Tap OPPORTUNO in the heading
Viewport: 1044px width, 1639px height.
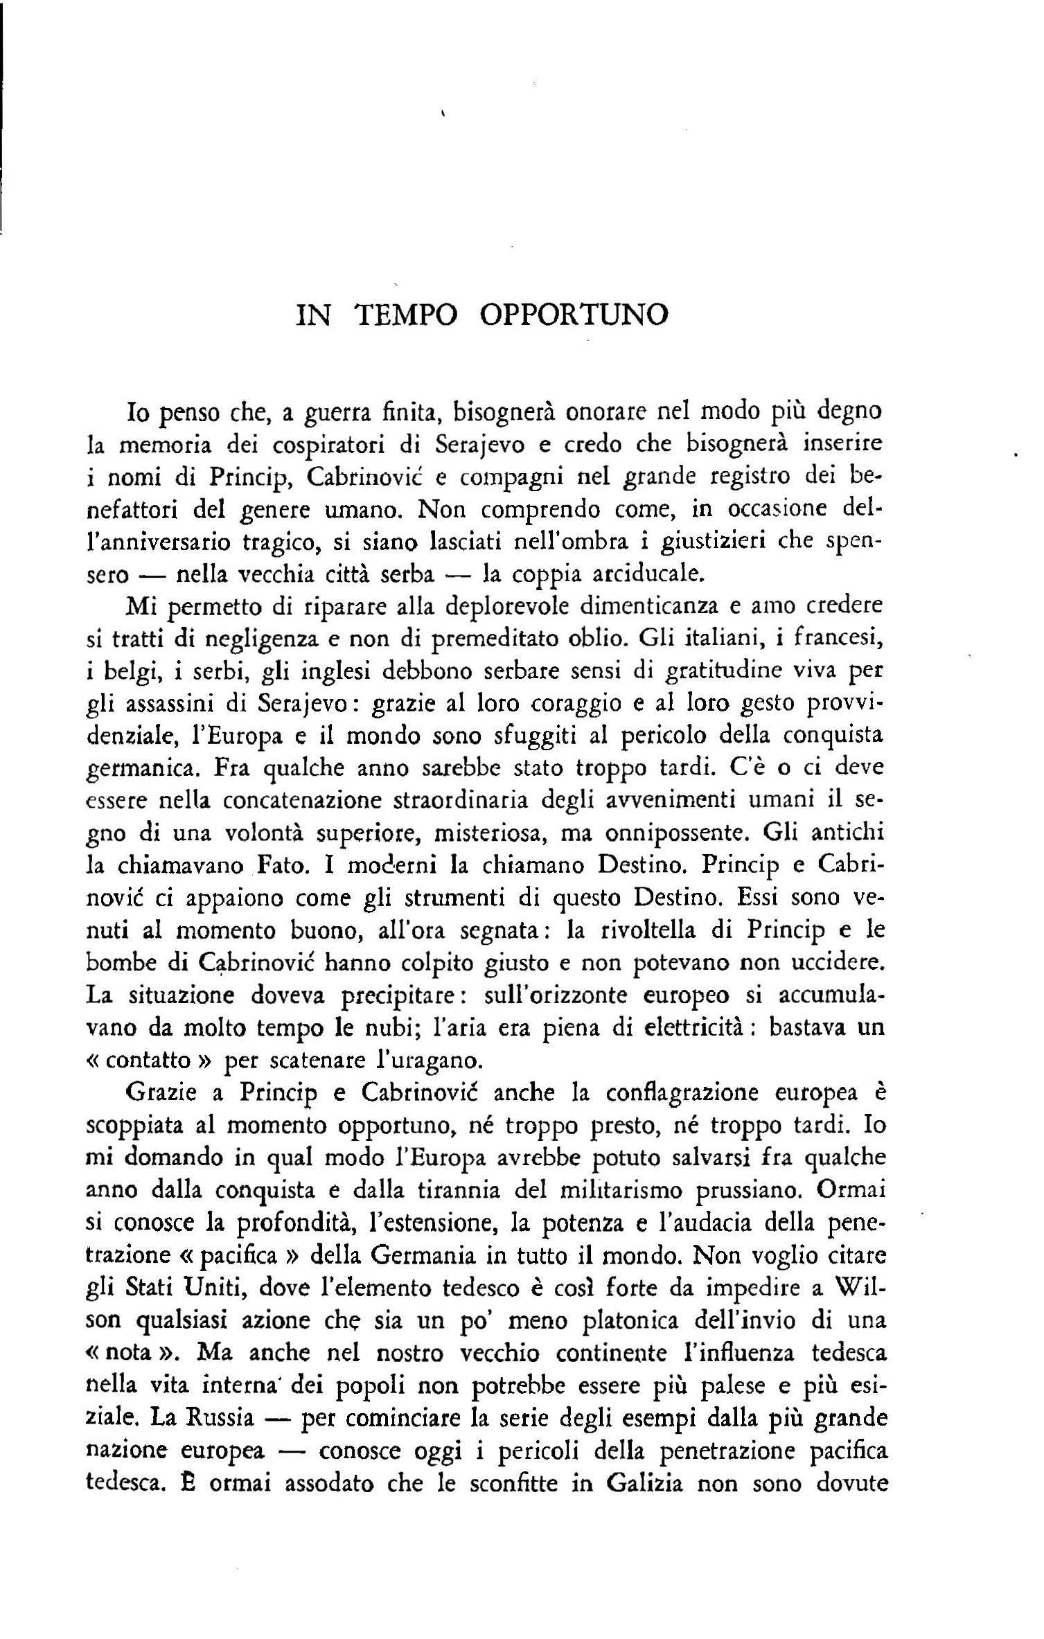point(574,315)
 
